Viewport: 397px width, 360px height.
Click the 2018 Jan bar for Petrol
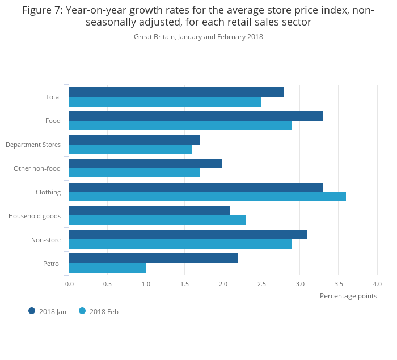point(154,259)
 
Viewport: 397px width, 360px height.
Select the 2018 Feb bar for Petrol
point(108,268)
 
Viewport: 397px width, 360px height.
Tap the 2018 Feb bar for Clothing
point(208,196)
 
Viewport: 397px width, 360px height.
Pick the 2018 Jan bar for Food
point(196,116)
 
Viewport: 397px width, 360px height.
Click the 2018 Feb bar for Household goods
point(157,220)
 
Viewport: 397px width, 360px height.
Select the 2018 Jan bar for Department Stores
point(134,139)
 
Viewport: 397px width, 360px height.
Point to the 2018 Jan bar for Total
point(176,92)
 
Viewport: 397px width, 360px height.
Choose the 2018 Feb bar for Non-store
point(180,244)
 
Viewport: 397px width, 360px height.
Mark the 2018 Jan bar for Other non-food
point(146,163)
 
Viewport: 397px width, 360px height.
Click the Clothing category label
point(48,192)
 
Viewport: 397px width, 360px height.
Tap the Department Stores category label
point(33,145)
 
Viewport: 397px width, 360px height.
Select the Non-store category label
point(46,240)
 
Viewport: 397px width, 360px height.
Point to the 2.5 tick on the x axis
point(261,283)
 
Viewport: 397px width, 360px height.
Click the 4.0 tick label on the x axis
point(377,283)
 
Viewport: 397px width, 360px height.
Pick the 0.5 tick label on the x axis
point(108,283)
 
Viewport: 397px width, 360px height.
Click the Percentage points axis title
point(348,295)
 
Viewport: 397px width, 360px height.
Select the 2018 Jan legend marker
point(32,311)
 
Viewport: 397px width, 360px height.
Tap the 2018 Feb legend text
point(104,311)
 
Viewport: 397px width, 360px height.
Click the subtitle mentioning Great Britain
point(198,37)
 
